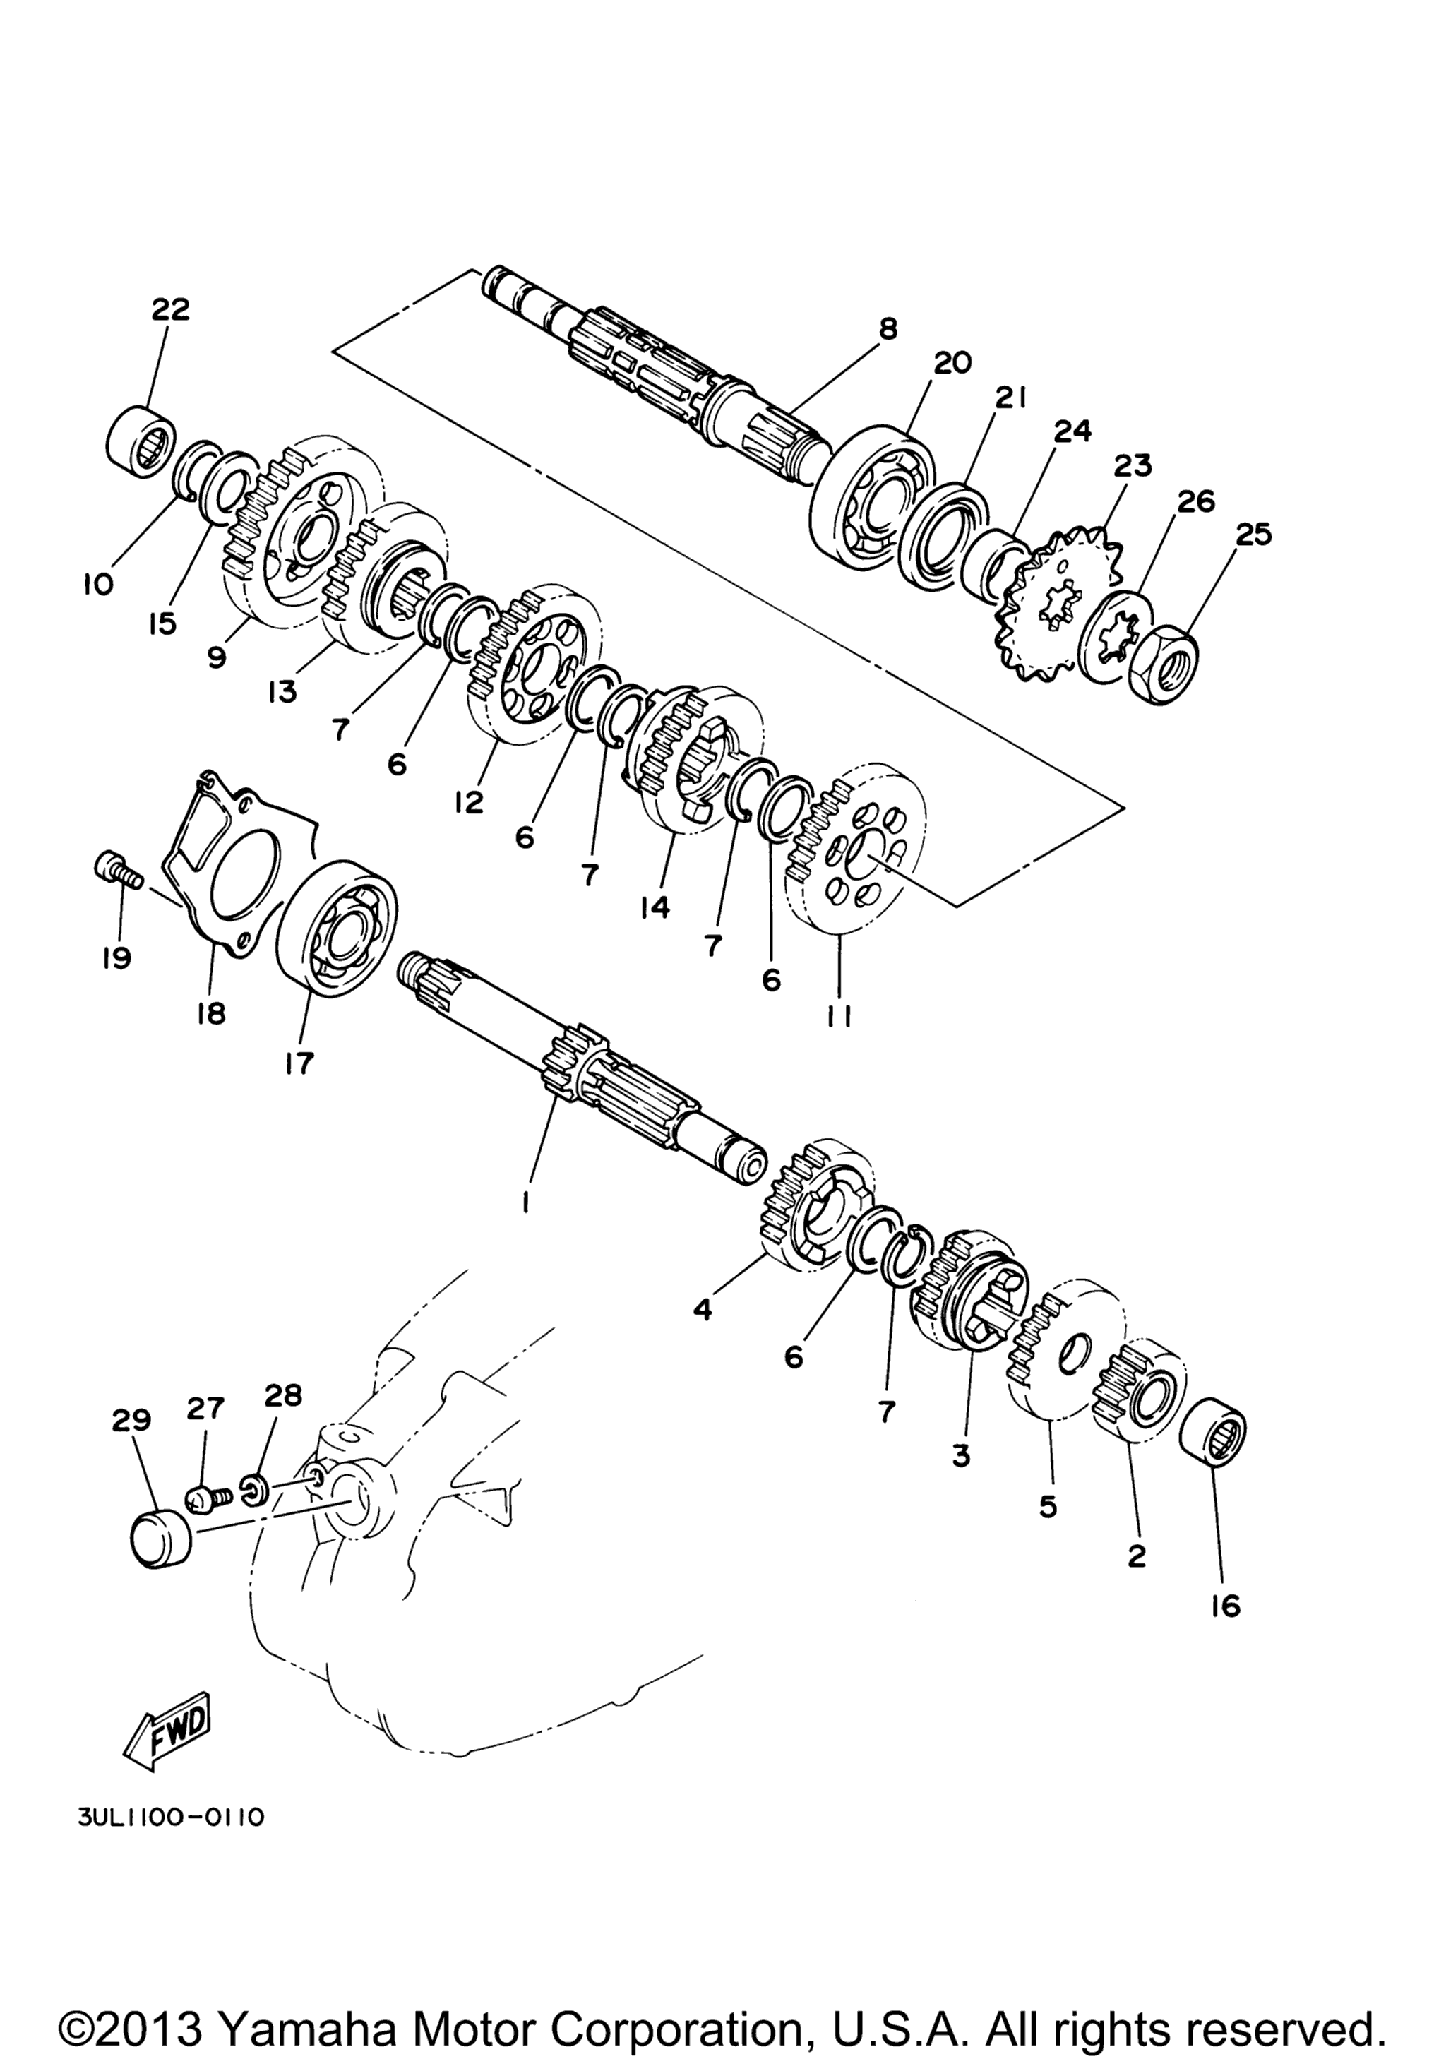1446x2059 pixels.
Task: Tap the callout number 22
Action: (x=170, y=309)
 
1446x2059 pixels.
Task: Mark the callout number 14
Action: (x=655, y=907)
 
